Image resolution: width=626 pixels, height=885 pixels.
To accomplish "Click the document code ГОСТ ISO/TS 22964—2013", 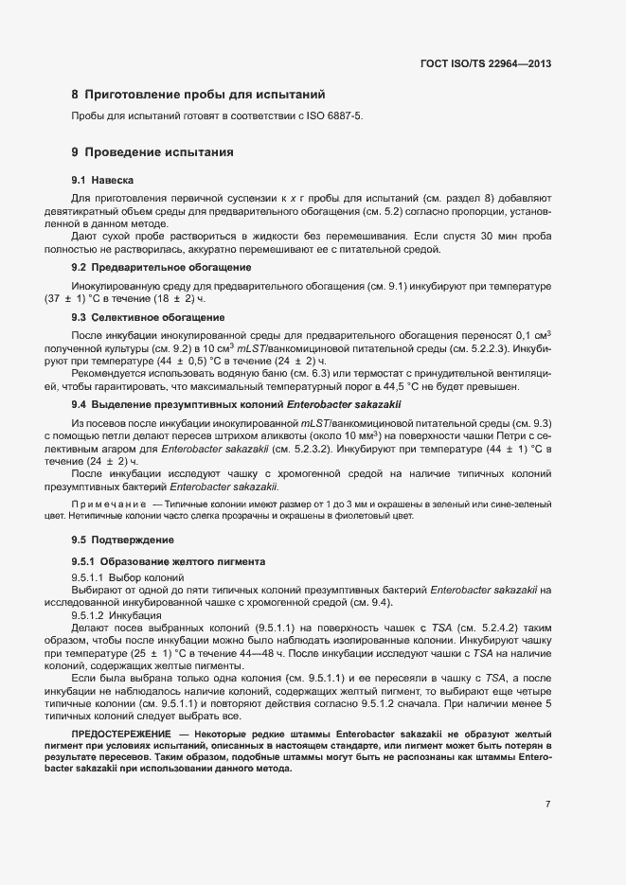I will click(485, 63).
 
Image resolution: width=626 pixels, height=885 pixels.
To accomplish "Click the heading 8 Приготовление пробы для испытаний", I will click(198, 95).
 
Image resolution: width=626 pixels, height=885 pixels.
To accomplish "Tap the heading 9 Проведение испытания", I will click(152, 151).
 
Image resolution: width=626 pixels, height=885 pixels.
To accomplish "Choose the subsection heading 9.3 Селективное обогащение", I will click(148, 317).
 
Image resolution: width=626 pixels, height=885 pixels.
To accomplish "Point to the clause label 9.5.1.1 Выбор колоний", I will click(125, 576).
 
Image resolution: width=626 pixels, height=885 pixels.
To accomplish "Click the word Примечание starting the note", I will click(109, 505).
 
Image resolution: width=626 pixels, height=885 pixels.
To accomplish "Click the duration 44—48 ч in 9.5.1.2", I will click(281, 654).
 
